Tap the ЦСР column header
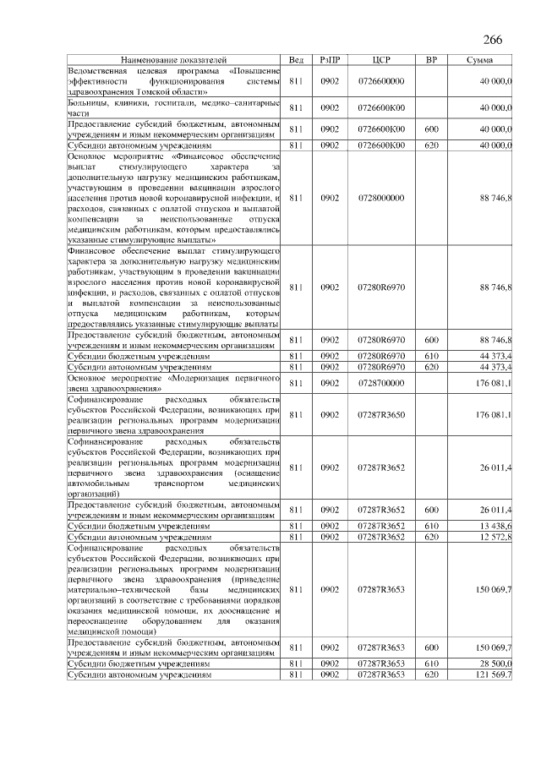point(380,61)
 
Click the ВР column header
point(431,61)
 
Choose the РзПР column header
point(330,61)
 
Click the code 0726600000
point(381,80)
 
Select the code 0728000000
point(381,198)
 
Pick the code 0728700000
point(381,384)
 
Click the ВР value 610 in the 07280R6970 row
point(431,357)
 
